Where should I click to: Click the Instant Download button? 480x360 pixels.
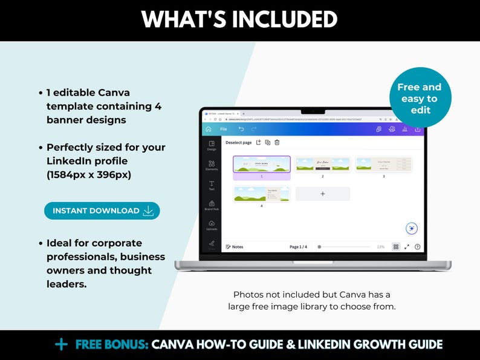[x=102, y=211]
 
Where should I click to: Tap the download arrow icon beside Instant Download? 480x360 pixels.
[x=148, y=211]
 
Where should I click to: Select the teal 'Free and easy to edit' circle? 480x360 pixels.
[x=421, y=98]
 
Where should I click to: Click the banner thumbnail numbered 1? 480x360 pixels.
[x=261, y=164]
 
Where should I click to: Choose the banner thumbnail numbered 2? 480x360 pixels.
[x=322, y=164]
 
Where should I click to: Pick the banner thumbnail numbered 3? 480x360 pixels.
[x=383, y=164]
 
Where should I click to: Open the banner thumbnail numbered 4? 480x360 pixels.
[x=261, y=194]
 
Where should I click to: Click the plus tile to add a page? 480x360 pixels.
[x=322, y=194]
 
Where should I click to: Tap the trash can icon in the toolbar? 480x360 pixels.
[x=277, y=143]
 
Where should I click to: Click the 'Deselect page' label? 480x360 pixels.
[x=238, y=143]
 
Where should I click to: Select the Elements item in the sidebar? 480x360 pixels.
[x=212, y=165]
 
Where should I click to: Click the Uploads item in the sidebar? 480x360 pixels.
[x=212, y=225]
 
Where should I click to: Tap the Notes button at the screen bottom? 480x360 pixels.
[x=235, y=247]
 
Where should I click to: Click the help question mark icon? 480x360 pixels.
[x=417, y=247]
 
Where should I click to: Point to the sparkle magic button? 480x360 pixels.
[x=412, y=228]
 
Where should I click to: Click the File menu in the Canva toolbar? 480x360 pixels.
[x=223, y=129]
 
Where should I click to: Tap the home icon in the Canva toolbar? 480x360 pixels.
[x=209, y=129]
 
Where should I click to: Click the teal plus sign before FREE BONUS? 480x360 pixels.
[x=61, y=344]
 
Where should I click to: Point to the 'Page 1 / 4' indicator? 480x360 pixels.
[x=298, y=247]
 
